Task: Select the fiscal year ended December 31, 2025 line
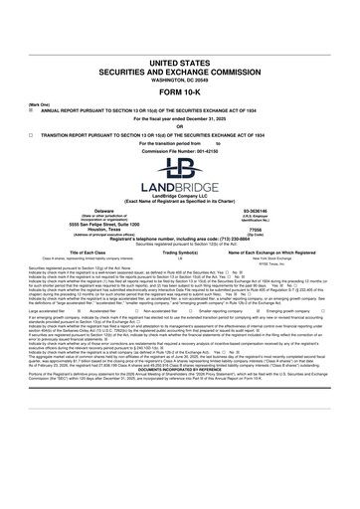point(180,89)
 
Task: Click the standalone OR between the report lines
point(180,97)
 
